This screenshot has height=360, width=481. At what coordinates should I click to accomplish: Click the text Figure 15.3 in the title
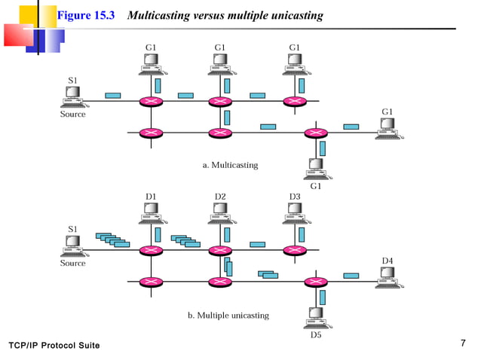85,16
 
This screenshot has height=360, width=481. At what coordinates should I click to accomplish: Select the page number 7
462,343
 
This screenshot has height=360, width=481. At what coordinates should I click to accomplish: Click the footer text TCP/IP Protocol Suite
54,345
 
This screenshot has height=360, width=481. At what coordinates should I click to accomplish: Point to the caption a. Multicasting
230,164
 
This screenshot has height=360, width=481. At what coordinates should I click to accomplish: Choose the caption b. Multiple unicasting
228,315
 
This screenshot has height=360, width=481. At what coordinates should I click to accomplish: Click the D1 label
151,197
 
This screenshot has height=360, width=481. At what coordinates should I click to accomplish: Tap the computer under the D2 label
219,215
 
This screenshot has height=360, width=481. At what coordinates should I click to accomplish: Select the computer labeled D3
294,215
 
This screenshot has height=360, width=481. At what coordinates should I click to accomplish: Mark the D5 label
316,334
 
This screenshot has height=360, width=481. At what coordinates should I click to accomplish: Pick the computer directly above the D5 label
315,316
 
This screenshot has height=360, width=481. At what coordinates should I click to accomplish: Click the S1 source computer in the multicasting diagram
73,96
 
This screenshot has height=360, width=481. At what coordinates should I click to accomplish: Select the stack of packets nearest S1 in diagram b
112,239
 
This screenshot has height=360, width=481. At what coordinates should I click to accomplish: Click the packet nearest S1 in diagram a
113,96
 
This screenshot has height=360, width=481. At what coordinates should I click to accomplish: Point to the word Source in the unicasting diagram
73,264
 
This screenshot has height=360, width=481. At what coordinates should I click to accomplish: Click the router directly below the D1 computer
151,250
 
